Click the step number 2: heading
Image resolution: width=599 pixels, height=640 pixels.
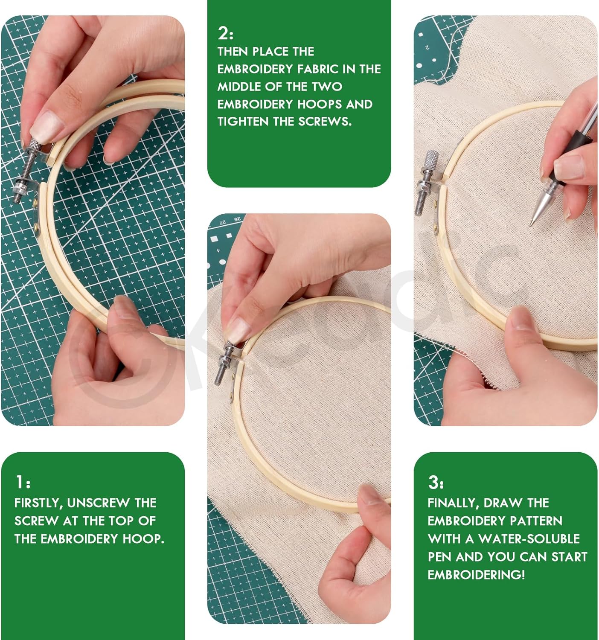pyautogui.click(x=225, y=33)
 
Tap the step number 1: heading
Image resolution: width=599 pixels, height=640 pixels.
pyautogui.click(x=23, y=482)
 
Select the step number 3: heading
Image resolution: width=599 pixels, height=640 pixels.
pyautogui.click(x=436, y=482)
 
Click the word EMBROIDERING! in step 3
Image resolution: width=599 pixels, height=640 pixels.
pyautogui.click(x=476, y=575)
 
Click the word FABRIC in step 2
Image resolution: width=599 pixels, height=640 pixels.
pyautogui.click(x=317, y=69)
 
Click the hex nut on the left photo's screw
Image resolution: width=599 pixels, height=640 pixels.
pyautogui.click(x=20, y=186)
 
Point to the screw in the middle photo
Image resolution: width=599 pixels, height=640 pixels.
pyautogui.click(x=224, y=363)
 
